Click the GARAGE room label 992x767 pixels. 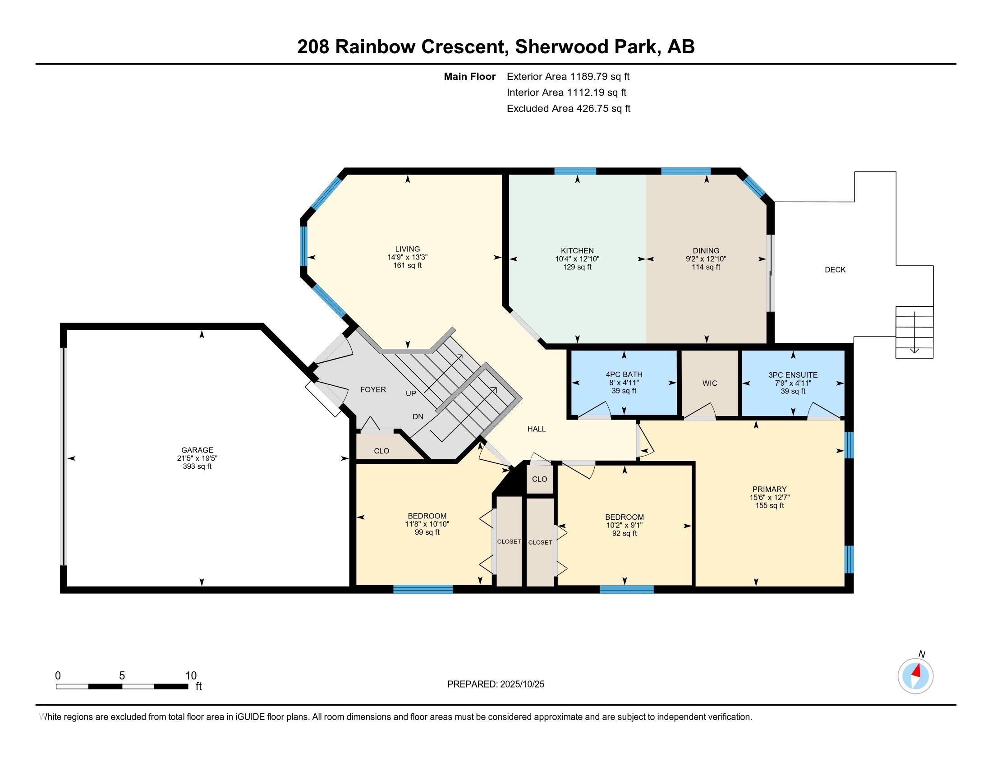(197, 450)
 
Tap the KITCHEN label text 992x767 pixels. (577, 251)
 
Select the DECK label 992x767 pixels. (835, 269)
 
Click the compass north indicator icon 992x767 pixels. (915, 676)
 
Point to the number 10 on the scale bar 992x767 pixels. (191, 675)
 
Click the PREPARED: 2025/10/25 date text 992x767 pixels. (496, 684)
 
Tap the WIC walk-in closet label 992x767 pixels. (709, 383)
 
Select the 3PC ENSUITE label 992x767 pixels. (793, 375)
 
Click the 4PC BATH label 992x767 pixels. (624, 374)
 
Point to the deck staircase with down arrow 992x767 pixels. (914, 332)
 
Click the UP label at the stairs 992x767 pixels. (411, 393)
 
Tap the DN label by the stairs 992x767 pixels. (418, 416)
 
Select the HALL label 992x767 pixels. (537, 429)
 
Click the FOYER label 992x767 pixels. (373, 389)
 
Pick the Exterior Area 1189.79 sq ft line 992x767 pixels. (568, 76)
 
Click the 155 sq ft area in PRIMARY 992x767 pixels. (769, 505)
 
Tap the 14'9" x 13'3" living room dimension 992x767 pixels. (408, 257)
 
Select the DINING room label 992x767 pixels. (706, 251)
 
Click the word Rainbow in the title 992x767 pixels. (374, 47)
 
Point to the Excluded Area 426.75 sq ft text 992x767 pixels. (568, 108)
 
